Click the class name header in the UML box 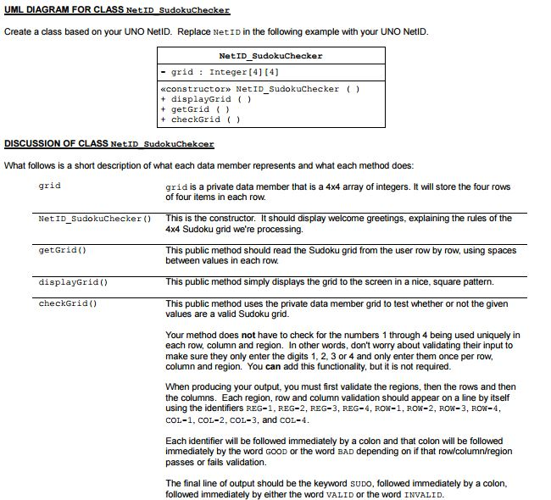point(270,56)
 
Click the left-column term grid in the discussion point(50,186)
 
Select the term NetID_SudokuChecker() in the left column point(94,219)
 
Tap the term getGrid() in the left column point(63,251)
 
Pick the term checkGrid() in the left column point(69,303)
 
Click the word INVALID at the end point(421,495)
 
